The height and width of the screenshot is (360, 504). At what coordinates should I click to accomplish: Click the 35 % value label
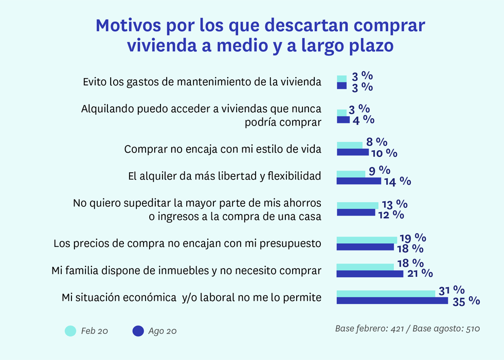coord(466,301)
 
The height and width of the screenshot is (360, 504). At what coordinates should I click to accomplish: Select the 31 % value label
coord(452,291)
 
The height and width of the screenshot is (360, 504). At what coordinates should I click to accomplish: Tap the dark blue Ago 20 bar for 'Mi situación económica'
coord(392,301)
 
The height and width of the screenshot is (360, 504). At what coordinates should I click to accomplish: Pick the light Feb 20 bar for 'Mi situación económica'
coord(386,294)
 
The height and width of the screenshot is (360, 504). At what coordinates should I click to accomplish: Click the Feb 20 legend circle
coord(70,331)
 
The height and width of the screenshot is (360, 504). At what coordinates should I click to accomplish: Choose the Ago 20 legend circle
coord(138,331)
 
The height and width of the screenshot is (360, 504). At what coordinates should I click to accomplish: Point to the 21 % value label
coord(419,273)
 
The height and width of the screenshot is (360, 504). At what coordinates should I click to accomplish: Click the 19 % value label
coord(413,238)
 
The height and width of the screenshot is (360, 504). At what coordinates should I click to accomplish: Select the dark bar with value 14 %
coord(358,181)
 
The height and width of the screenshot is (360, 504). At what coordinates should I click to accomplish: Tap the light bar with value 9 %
coord(351,174)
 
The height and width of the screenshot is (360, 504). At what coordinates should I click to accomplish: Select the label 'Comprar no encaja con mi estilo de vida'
coord(223,149)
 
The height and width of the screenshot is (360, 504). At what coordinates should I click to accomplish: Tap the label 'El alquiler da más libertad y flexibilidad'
coord(224,176)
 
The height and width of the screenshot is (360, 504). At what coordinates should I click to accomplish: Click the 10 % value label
coord(384,153)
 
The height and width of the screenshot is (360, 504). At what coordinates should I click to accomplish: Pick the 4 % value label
coord(362,120)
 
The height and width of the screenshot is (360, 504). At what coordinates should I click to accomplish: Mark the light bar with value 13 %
coord(357,205)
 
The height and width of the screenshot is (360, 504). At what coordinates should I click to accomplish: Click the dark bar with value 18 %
coord(365,247)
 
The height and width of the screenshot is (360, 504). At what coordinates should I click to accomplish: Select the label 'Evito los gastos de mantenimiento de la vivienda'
coord(202,82)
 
